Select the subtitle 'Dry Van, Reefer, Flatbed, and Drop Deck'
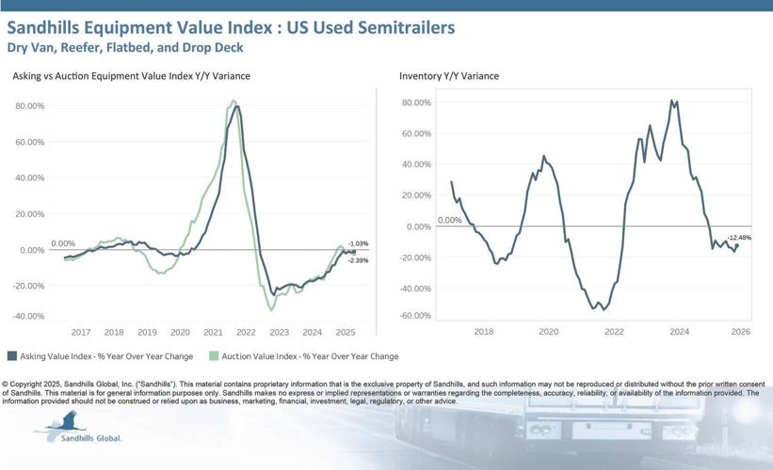click(123, 48)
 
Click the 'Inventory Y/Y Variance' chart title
click(449, 75)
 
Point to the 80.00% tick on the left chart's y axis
click(30, 106)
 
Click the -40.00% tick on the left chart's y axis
click(29, 316)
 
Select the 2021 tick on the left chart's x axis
click(213, 332)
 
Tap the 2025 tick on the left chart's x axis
click(346, 332)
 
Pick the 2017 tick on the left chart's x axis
click(80, 332)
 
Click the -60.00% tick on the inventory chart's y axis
click(416, 316)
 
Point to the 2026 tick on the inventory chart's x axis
click(740, 332)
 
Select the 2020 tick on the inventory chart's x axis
click(549, 332)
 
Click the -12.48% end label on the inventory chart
click(739, 238)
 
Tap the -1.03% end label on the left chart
click(358, 244)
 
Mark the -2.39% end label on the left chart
click(358, 260)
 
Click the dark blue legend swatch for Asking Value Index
click(12, 356)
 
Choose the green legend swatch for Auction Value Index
click(214, 356)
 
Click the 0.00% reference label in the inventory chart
click(450, 220)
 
